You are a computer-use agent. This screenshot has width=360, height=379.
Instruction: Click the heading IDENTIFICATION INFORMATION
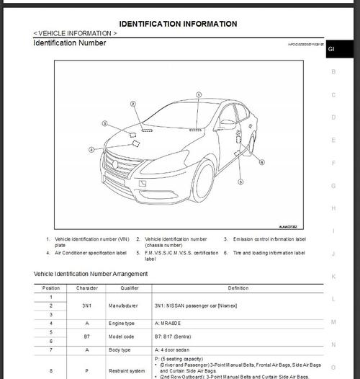click(x=177, y=24)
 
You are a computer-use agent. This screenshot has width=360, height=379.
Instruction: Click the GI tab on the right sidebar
click(x=331, y=49)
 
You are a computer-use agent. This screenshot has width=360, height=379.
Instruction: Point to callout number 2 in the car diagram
click(x=133, y=103)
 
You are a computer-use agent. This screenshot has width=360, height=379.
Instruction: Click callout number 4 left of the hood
click(x=91, y=150)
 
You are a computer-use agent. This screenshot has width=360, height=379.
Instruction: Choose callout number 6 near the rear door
click(x=261, y=162)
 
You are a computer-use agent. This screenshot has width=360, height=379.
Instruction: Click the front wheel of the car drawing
click(x=202, y=181)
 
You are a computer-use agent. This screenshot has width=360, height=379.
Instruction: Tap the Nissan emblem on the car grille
click(x=114, y=164)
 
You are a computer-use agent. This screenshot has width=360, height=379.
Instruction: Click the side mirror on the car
click(x=228, y=124)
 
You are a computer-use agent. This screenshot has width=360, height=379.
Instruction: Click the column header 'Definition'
click(x=238, y=287)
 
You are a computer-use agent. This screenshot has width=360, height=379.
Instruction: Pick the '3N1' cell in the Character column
click(x=86, y=306)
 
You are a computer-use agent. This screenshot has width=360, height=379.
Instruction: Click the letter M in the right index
click(x=333, y=322)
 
